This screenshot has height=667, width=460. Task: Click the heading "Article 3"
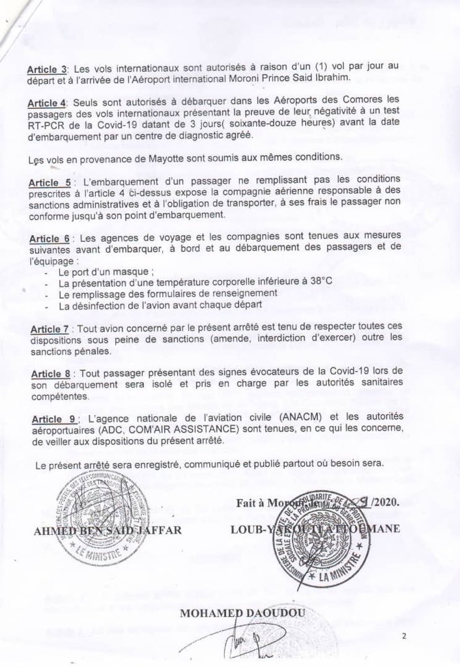[43, 68]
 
